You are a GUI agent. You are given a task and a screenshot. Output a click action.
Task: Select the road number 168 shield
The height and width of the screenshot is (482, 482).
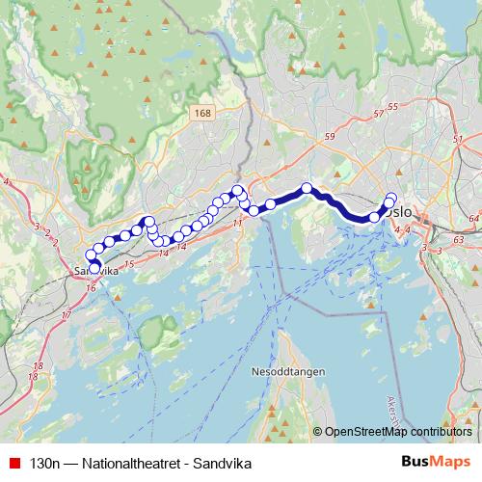click(x=201, y=114)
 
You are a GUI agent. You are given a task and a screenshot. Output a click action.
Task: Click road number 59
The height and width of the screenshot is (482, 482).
click(x=330, y=138)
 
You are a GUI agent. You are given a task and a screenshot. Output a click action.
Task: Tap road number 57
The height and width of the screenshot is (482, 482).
click(x=377, y=115)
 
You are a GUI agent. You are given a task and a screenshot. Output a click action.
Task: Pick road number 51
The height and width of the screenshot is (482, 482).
click(x=458, y=140)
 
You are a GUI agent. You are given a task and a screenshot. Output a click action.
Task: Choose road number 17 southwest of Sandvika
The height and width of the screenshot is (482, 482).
click(x=67, y=316)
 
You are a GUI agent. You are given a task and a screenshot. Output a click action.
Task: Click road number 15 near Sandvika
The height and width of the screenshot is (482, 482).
click(x=128, y=262)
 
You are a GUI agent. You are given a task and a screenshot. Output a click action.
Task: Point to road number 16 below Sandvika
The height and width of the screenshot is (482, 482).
click(x=91, y=287)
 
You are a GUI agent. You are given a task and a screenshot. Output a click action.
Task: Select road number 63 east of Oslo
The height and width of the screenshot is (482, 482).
click(x=459, y=240)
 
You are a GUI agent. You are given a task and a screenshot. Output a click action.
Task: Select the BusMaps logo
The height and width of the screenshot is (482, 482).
click(x=437, y=462)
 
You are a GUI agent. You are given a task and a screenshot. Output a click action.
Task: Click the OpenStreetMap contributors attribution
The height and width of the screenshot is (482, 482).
click(x=397, y=432)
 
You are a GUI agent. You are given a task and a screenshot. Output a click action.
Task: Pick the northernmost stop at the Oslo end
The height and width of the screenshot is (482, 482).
click(x=391, y=199)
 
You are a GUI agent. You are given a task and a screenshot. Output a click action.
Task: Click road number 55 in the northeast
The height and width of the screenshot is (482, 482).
click(x=391, y=107)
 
